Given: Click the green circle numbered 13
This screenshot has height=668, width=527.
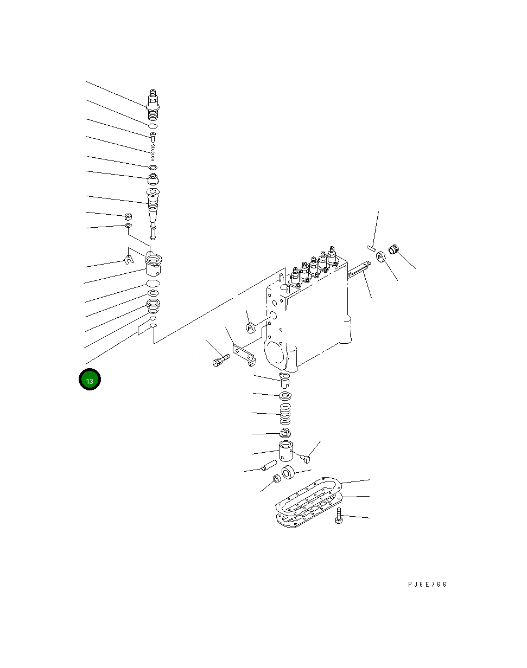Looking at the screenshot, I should point(90,380).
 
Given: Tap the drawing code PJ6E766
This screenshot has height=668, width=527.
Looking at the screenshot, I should point(427,584).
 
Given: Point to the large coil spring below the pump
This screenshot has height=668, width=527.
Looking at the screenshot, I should point(285,415).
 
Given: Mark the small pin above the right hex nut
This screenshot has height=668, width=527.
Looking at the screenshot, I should point(371,248).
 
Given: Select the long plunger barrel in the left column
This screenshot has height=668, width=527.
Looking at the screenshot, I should point(154,209).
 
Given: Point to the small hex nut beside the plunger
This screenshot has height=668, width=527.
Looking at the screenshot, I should point(128,216).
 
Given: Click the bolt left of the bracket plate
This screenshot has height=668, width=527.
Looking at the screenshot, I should point(218,360).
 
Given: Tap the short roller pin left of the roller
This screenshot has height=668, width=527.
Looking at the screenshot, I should point(269,466).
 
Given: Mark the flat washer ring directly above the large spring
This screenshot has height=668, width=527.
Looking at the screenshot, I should point(285,395).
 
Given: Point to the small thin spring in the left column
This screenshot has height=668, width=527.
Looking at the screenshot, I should point(154,151).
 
